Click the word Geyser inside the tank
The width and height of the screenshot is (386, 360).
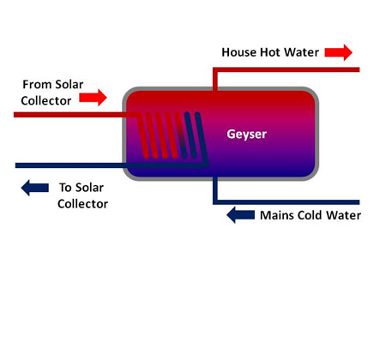coord(246,135)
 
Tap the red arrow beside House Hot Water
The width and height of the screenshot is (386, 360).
coord(338,52)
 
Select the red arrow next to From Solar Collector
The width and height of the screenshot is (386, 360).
coord(93,98)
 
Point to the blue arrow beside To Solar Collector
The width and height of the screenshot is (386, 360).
coord(35,188)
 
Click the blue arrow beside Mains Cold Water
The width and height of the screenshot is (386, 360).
coord(240,215)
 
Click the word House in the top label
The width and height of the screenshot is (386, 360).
coord(238,52)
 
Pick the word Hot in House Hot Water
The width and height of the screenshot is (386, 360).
coord(270,52)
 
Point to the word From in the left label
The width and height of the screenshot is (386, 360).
coord(37,85)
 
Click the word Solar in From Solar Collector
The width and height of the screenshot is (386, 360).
coord(69,85)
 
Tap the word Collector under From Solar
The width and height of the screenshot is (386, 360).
coord(46,101)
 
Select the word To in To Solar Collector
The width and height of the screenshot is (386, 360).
coord(65,188)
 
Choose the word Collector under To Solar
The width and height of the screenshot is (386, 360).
coord(82,204)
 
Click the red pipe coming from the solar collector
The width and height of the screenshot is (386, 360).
coord(75,115)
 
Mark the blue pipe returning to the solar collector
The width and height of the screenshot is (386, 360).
coord(112,165)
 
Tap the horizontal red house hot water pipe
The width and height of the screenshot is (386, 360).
coord(286,69)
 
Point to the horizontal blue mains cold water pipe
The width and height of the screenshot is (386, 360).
coord(286,202)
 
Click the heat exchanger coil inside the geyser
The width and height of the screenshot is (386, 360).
coord(172,135)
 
